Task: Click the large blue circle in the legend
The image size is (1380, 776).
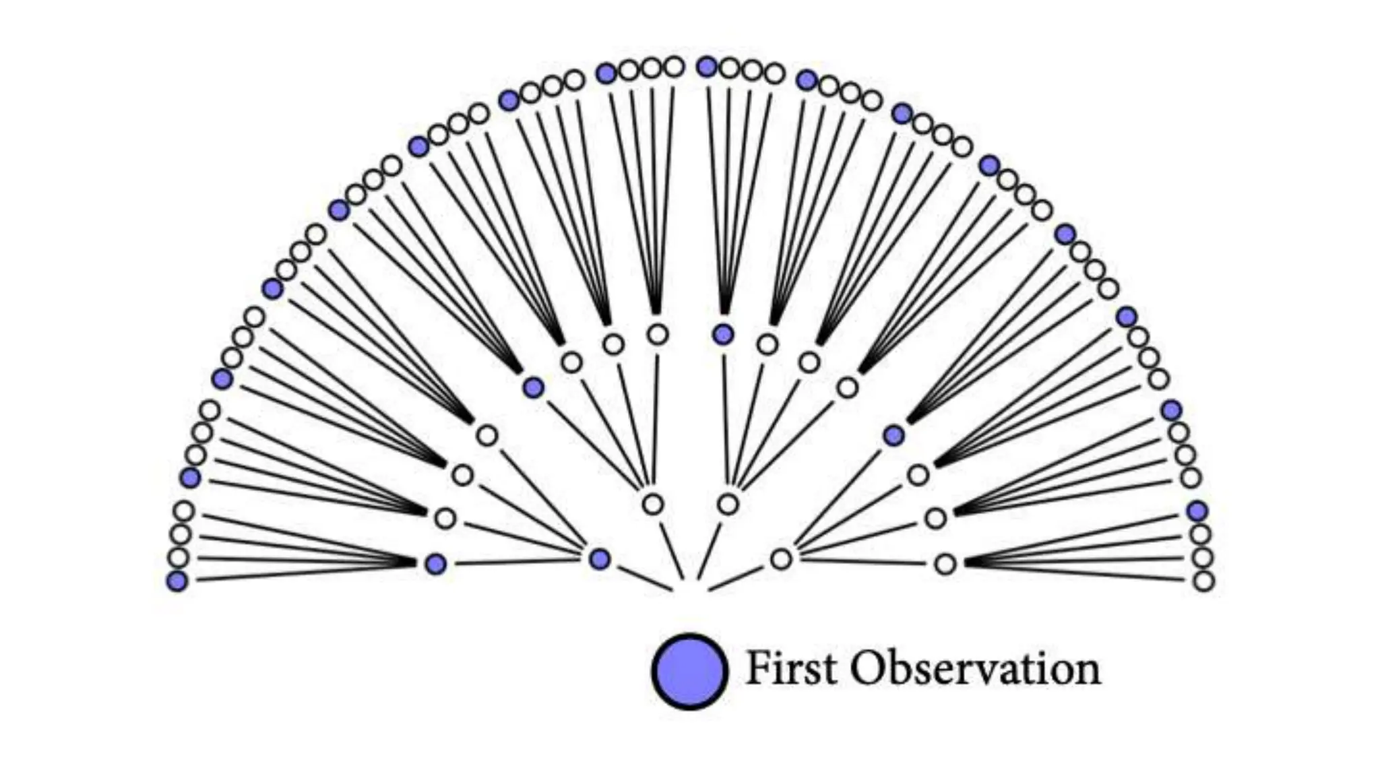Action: click(x=689, y=671)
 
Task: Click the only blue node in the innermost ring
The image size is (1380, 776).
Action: click(x=599, y=558)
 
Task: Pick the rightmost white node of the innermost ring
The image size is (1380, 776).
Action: click(x=781, y=558)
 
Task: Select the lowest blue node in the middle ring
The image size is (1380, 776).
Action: click(x=436, y=564)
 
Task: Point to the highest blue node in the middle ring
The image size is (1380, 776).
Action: click(x=724, y=333)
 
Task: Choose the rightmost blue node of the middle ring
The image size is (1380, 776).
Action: click(x=893, y=436)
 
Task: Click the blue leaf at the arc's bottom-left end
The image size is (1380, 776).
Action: click(x=177, y=581)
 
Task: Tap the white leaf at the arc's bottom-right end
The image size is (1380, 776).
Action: click(x=1203, y=581)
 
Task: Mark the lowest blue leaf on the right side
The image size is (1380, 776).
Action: click(x=1197, y=511)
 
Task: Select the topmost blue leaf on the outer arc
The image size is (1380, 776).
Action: click(x=707, y=67)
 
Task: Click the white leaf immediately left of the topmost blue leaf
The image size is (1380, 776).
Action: click(x=674, y=66)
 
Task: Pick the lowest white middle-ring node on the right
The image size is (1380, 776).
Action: click(x=945, y=564)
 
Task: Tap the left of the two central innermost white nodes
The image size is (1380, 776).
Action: click(x=652, y=503)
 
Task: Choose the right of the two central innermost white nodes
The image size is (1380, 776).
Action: click(x=728, y=503)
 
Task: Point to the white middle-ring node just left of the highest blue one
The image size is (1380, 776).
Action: click(x=658, y=333)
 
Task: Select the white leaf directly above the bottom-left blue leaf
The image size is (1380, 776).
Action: click(x=179, y=557)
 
